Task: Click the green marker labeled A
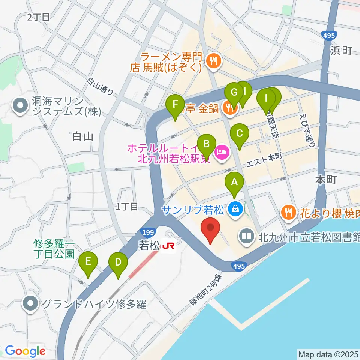(234, 183)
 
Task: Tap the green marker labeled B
(206, 144)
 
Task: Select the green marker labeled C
(240, 133)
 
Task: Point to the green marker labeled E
(88, 261)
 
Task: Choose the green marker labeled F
(175, 104)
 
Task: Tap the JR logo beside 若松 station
(168, 246)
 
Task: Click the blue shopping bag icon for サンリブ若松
(235, 208)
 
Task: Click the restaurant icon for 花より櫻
(288, 213)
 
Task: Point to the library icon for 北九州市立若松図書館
(247, 236)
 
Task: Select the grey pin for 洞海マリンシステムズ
(19, 105)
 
